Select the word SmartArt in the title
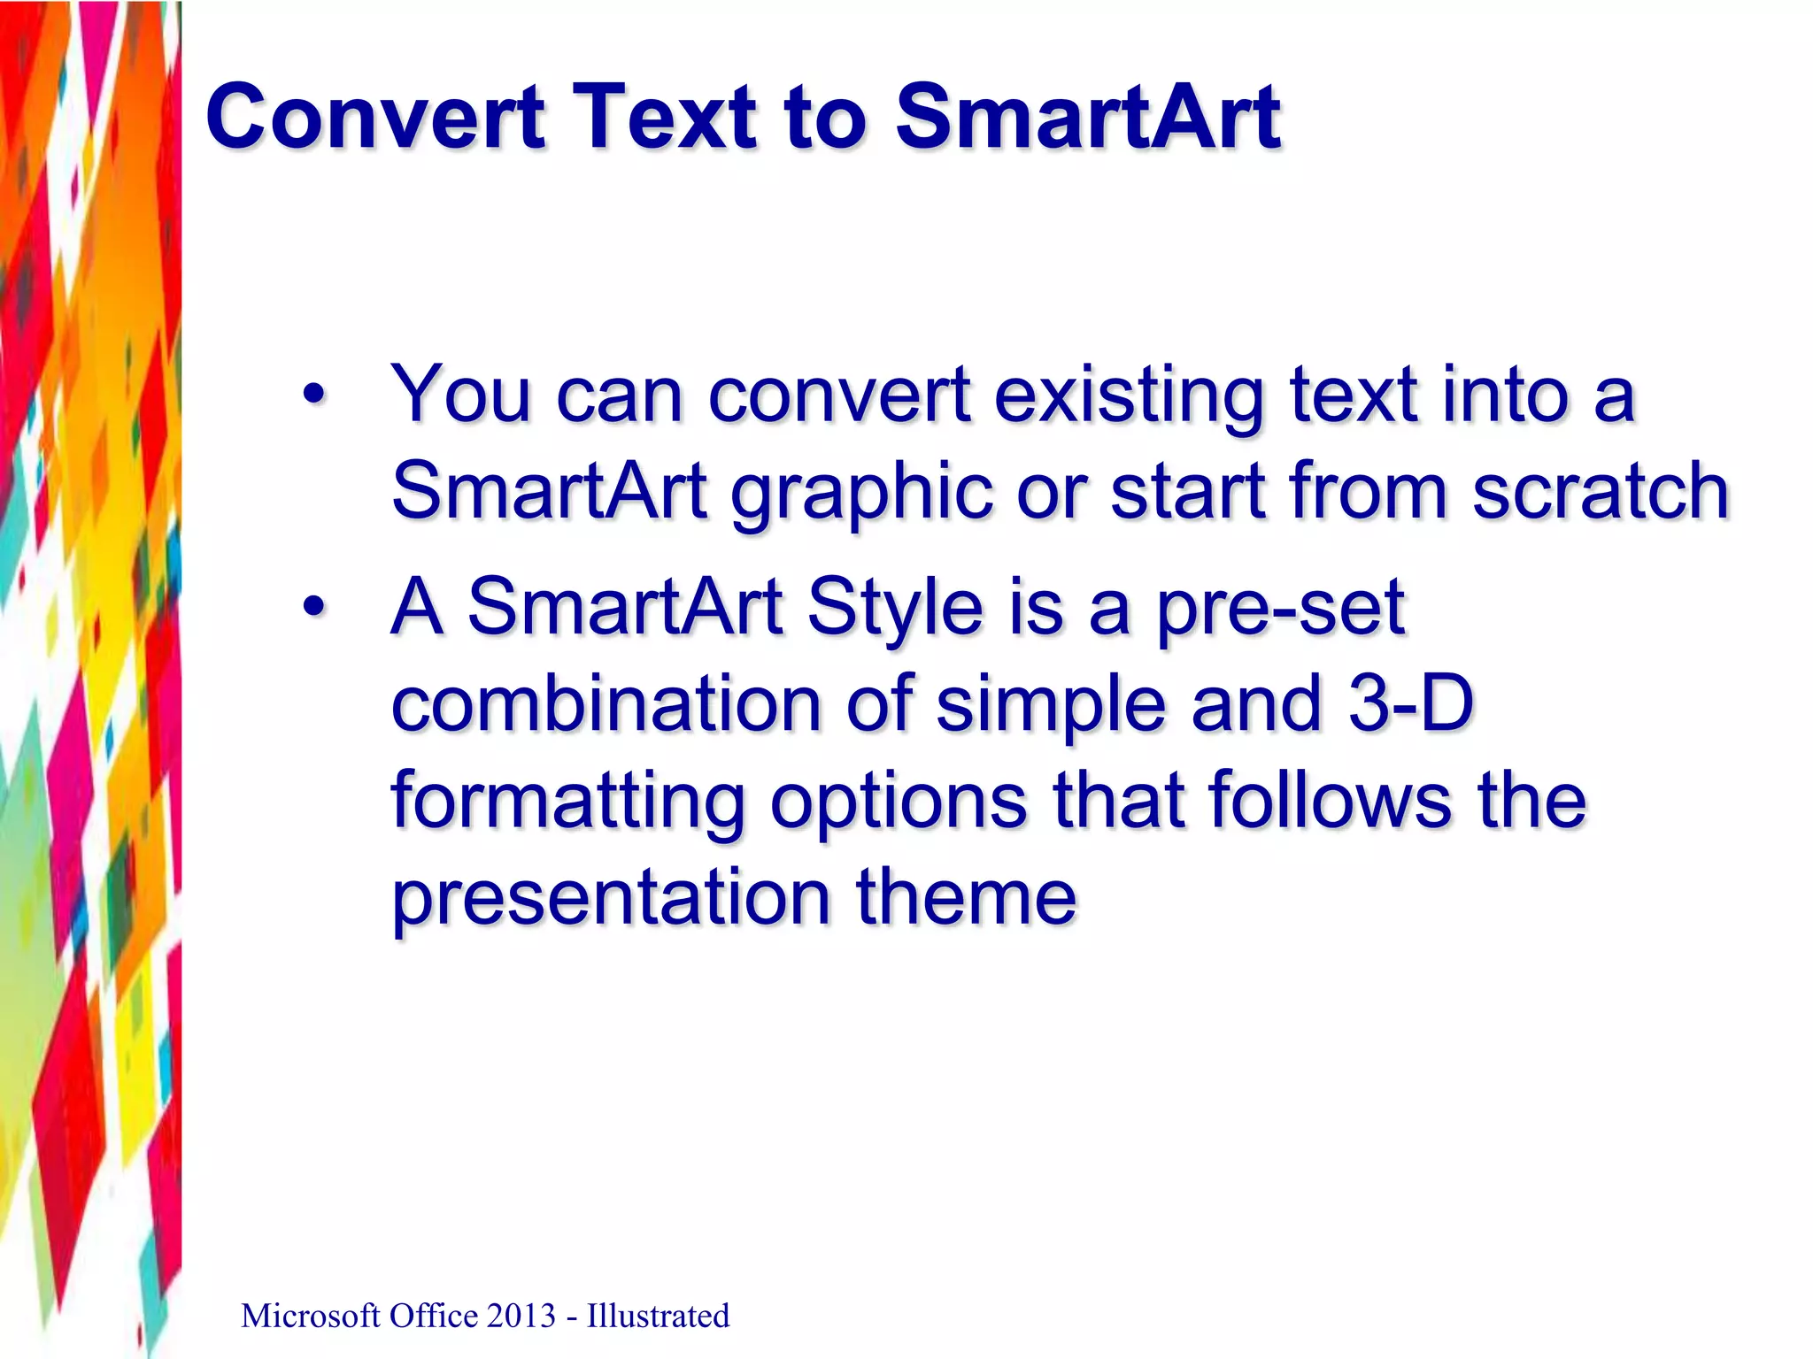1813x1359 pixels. (1087, 117)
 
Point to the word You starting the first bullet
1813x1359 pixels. (461, 395)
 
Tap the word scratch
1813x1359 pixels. (1600, 491)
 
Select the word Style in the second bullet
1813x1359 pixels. (895, 609)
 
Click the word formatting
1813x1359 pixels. (567, 802)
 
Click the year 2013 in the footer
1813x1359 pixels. (520, 1317)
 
